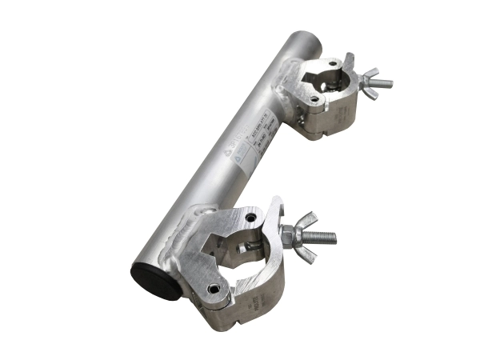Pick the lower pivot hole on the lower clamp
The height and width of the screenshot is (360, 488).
[x=212, y=288]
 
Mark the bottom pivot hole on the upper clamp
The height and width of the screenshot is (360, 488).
[x=315, y=100]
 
